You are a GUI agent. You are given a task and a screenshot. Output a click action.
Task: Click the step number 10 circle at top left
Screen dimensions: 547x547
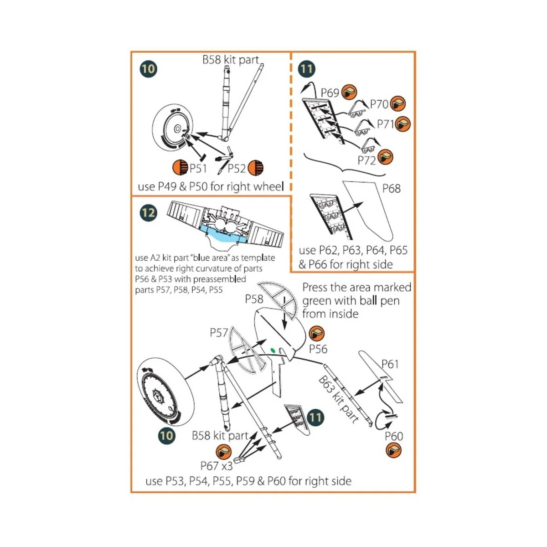click(148, 69)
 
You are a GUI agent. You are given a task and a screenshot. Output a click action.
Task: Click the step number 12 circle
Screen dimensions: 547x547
click(148, 213)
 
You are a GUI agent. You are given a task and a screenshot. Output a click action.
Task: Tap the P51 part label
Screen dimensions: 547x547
click(198, 169)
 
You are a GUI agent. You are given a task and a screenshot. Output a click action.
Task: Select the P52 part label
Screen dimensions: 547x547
click(237, 169)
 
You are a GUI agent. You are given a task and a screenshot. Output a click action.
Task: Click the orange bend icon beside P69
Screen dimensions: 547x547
click(350, 93)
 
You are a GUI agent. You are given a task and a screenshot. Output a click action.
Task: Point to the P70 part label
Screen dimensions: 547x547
click(379, 104)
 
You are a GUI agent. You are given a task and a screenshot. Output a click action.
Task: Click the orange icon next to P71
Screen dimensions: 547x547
click(403, 124)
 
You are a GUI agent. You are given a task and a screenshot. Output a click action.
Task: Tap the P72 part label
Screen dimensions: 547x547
click(366, 160)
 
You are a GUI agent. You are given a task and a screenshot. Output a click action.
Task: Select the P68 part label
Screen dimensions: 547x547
click(391, 188)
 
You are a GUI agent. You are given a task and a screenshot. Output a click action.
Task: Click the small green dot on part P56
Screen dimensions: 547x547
click(273, 350)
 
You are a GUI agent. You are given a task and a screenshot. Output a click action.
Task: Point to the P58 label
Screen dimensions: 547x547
click(254, 299)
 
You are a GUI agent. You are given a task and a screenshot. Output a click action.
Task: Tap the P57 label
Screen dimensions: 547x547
click(219, 333)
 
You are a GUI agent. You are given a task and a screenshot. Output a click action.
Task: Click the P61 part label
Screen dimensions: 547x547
click(390, 364)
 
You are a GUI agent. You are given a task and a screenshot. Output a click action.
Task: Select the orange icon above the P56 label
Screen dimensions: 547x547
click(316, 334)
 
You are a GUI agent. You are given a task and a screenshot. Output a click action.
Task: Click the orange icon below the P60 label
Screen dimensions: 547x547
click(393, 451)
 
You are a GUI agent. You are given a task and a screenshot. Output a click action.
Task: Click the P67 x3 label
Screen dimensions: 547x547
click(217, 466)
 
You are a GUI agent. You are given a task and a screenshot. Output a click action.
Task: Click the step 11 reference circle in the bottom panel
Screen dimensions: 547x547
click(315, 418)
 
